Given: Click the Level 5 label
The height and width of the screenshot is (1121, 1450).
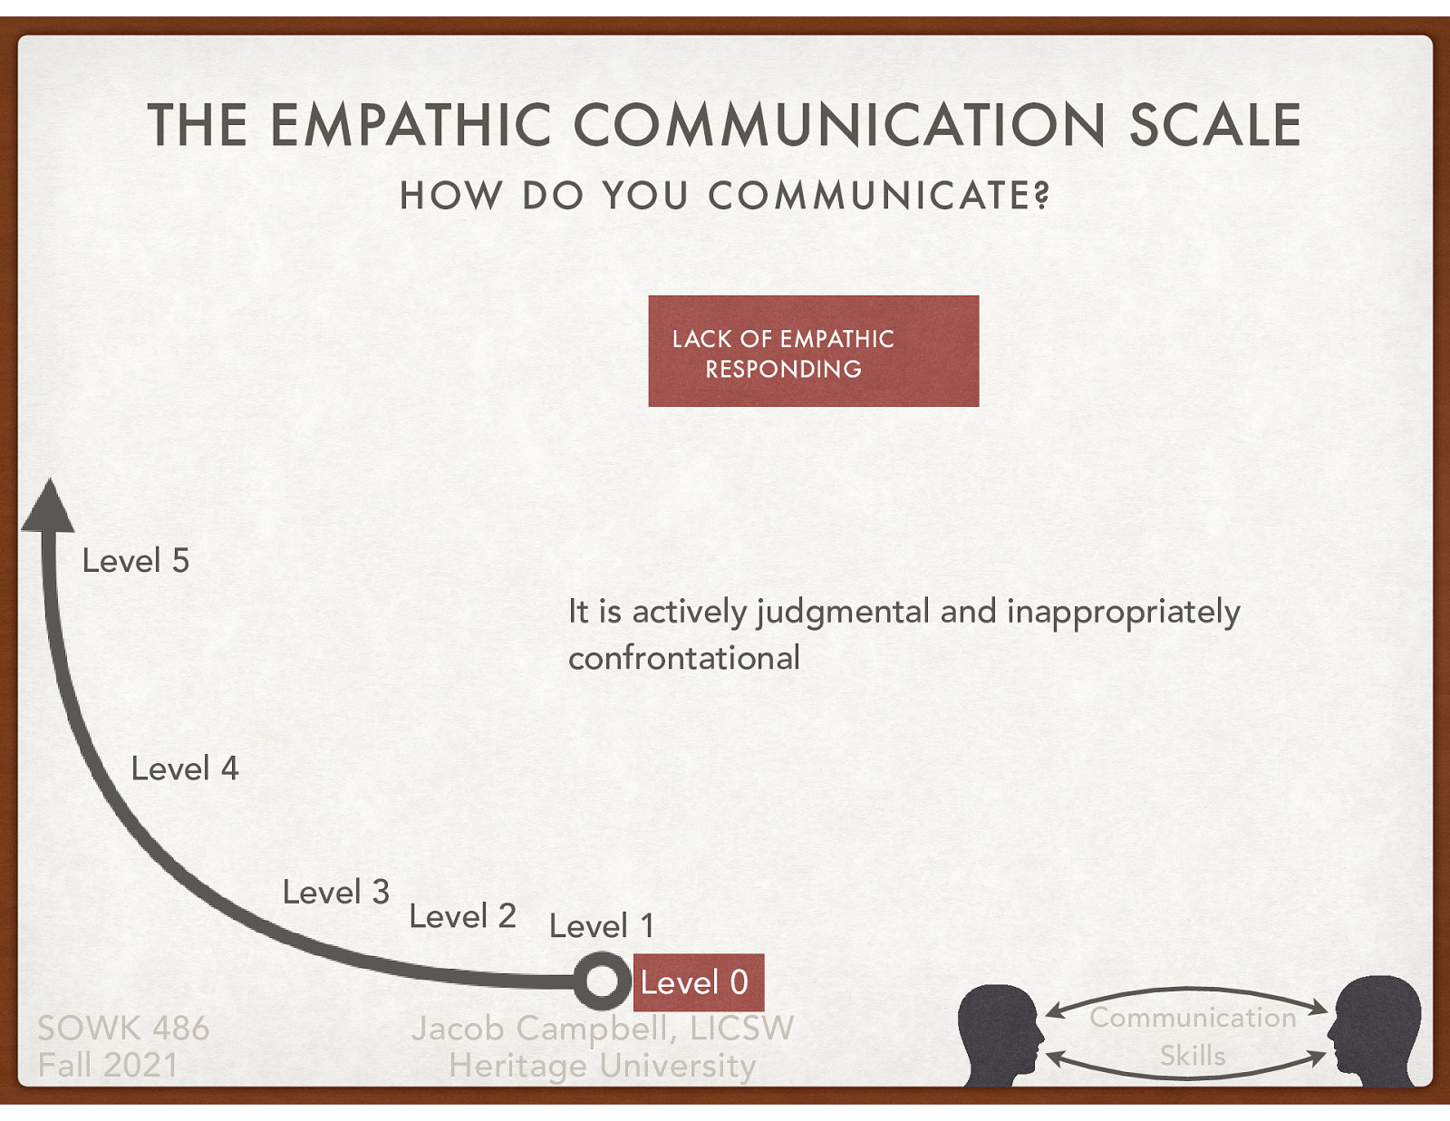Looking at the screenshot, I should (136, 561).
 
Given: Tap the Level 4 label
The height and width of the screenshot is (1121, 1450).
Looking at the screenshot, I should (185, 769).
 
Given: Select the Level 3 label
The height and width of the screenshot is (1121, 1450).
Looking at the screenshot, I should (335, 893).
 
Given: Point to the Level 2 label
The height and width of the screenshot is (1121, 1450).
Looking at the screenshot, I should (462, 917).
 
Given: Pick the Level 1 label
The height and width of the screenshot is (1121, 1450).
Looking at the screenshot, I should (601, 926).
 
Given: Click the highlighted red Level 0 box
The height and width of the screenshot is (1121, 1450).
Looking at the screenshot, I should (697, 982).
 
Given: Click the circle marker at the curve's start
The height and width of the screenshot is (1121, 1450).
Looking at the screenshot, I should (601, 981).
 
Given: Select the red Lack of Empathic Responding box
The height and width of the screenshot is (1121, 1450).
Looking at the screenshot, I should (813, 351).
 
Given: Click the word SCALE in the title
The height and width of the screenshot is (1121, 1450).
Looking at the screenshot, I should (1214, 125).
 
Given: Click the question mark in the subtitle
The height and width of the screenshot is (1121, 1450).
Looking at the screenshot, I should (1041, 195).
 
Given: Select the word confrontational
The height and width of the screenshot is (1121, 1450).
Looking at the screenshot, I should (684, 658).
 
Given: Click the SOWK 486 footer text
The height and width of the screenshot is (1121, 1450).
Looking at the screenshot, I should (123, 1029).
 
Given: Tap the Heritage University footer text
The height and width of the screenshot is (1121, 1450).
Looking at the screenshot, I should (602, 1066).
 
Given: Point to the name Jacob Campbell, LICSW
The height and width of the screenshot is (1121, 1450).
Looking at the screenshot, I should (602, 1029).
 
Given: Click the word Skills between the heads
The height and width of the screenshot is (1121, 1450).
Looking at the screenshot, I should (1193, 1056).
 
